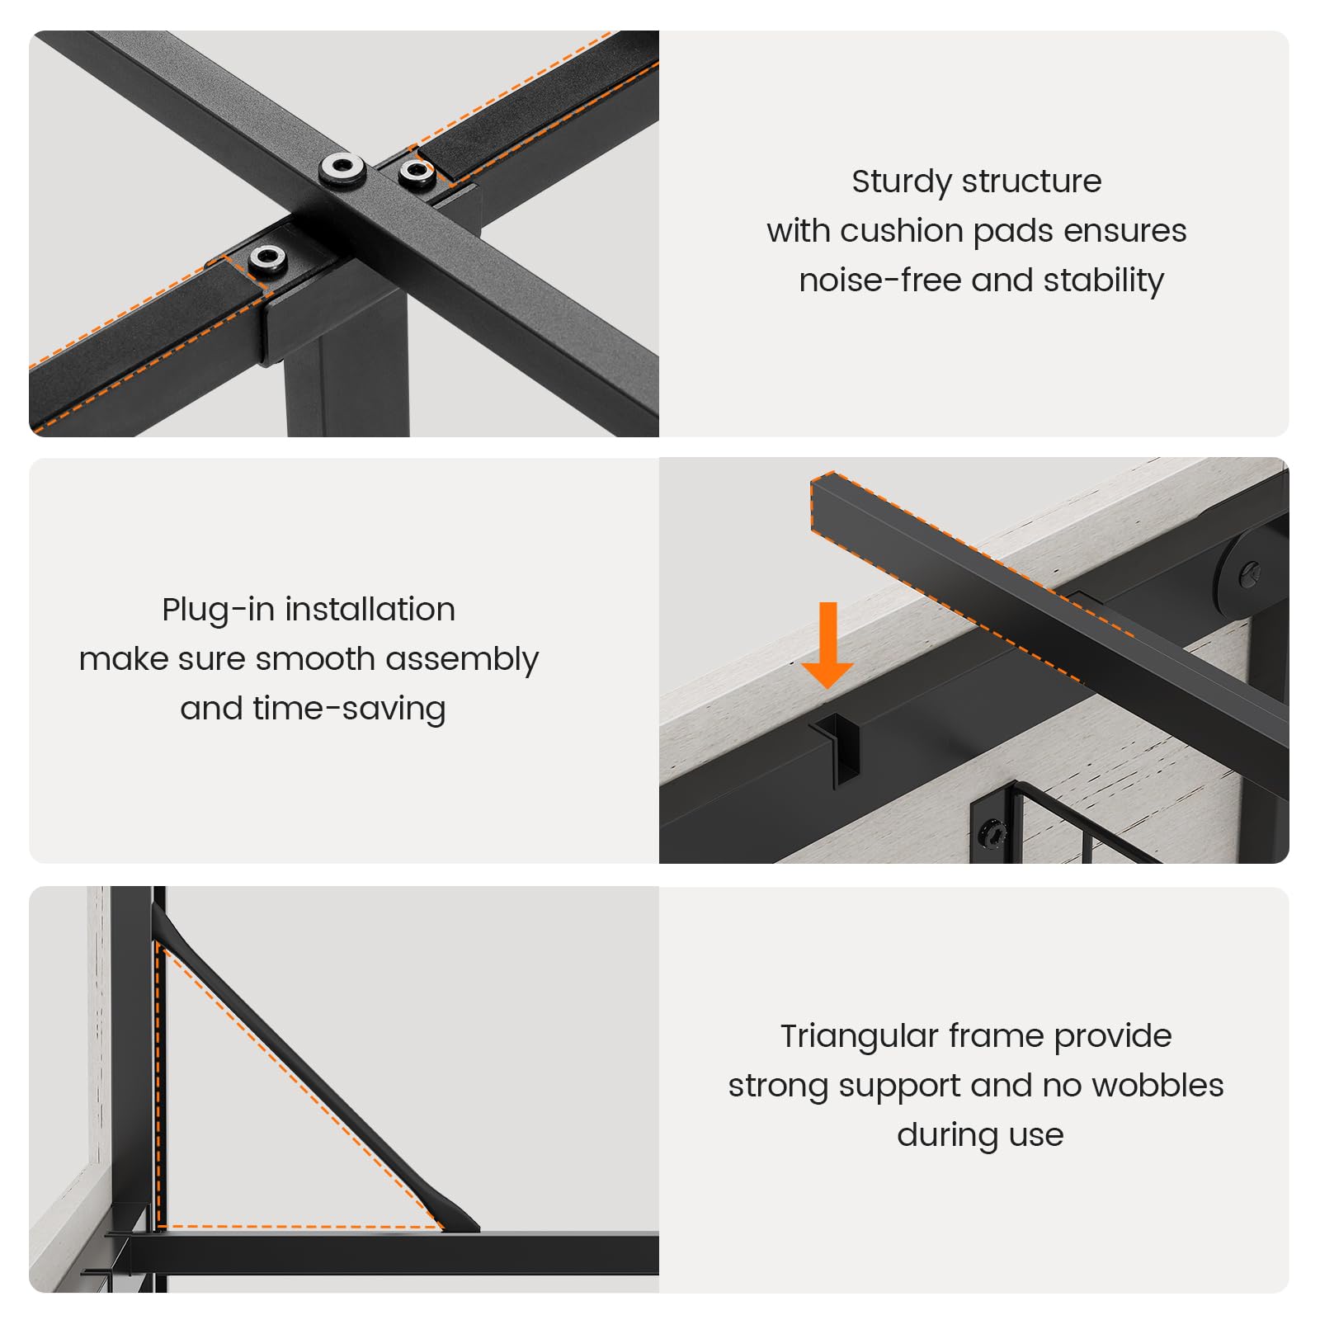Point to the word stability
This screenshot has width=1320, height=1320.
pyautogui.click(x=1103, y=281)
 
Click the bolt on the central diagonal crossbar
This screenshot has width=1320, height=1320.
pyautogui.click(x=343, y=167)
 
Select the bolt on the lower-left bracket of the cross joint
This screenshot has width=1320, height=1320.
pyautogui.click(x=268, y=258)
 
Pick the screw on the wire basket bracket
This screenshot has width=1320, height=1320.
pyautogui.click(x=992, y=834)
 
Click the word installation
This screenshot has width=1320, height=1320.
pyautogui.click(x=370, y=610)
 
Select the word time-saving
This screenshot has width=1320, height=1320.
pyautogui.click(x=349, y=709)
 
